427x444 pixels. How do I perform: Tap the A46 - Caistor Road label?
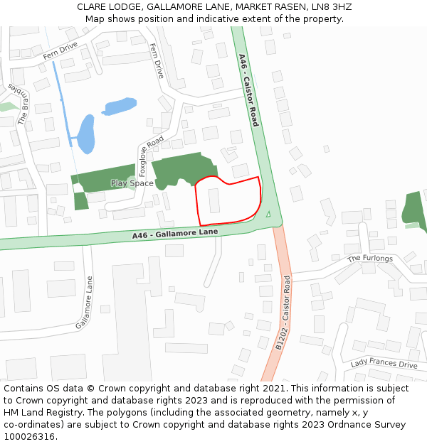tap(248, 90)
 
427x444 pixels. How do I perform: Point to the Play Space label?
tap(132, 183)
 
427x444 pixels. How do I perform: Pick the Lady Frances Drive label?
tap(384, 364)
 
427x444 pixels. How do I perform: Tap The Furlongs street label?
tap(369, 259)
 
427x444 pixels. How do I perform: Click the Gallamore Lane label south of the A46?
tap(85, 303)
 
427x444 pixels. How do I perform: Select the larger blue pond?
tap(85, 134)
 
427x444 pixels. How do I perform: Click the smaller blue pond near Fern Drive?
tap(119, 107)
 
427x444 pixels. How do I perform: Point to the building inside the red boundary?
tap(214, 200)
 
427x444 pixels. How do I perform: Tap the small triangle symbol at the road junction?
tap(268, 214)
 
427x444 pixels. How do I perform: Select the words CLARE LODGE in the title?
tap(110, 7)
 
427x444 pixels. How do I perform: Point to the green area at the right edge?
tap(413, 211)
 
